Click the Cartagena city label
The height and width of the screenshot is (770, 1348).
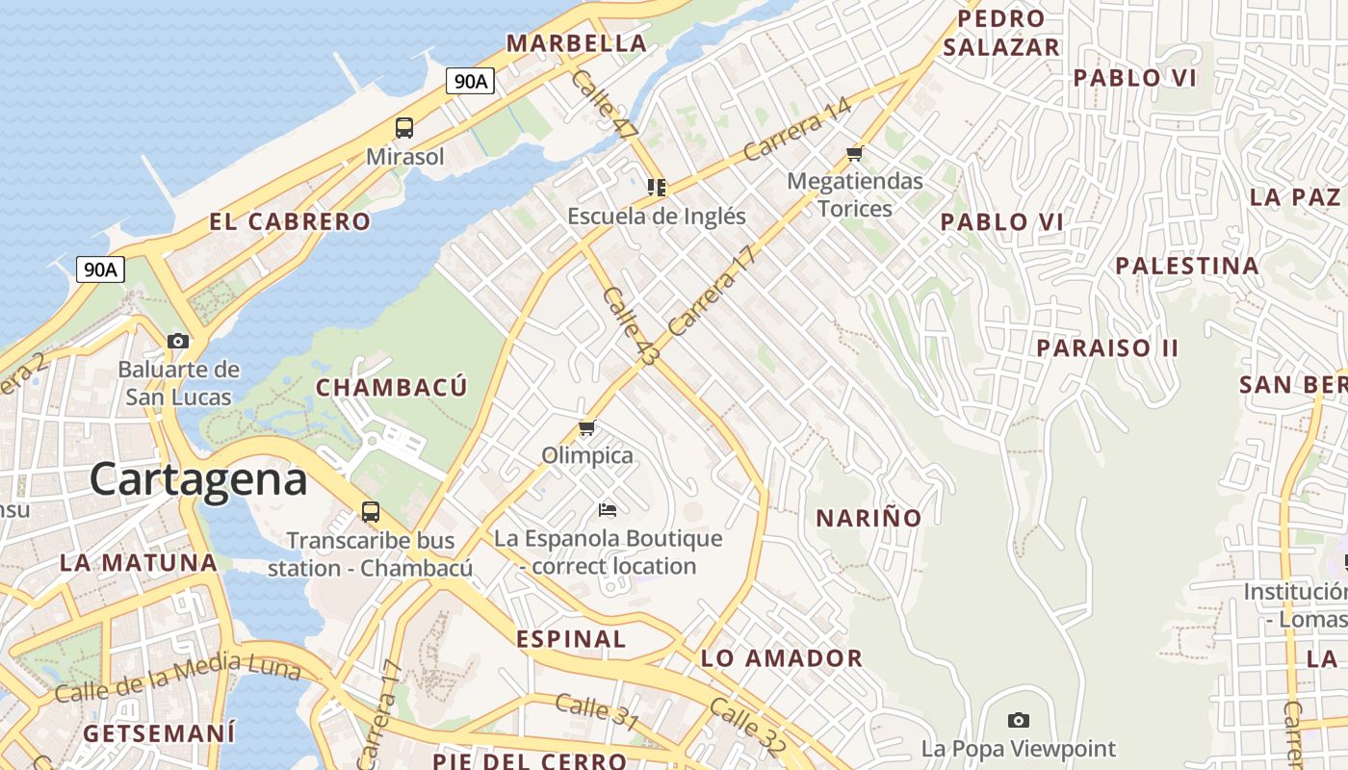click(198, 478)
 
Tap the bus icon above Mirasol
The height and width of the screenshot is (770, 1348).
click(404, 127)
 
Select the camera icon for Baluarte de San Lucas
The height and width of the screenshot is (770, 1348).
click(178, 341)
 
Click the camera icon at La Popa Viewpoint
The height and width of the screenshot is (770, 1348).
click(1019, 720)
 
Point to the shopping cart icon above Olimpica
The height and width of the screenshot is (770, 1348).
click(586, 427)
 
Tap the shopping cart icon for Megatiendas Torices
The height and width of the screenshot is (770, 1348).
click(854, 153)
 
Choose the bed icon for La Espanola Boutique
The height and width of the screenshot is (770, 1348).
click(608, 509)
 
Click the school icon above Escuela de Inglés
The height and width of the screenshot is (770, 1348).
click(657, 187)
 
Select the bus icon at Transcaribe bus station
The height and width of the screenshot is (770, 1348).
click(371, 511)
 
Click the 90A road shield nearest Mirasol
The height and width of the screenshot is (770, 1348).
click(471, 81)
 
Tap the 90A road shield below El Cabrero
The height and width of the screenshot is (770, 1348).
click(100, 269)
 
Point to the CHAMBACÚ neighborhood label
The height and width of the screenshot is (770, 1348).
click(392, 387)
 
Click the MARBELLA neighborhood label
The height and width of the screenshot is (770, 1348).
click(577, 43)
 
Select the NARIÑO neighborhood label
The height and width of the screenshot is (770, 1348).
click(868, 518)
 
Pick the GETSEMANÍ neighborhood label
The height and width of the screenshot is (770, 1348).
click(159, 733)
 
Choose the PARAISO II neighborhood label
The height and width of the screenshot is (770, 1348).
click(1107, 347)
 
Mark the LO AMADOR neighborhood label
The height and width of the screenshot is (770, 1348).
click(782, 658)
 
